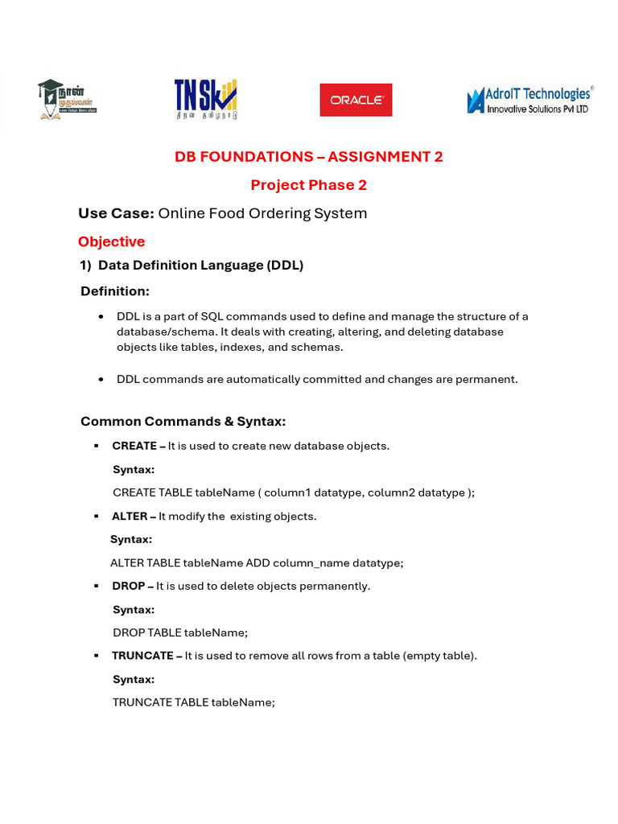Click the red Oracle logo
(x=356, y=100)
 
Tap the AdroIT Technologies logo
(x=529, y=100)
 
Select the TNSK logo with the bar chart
(x=206, y=99)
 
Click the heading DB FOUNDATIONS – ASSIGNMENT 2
(x=309, y=157)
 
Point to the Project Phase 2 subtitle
(x=309, y=185)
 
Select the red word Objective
(x=111, y=241)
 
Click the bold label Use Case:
(x=116, y=213)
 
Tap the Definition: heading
(x=115, y=291)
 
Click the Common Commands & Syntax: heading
(x=183, y=422)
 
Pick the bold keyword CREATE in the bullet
(x=134, y=446)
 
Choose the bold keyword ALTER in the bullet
(x=130, y=517)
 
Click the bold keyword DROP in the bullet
(x=129, y=586)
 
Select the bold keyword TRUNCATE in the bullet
(x=142, y=656)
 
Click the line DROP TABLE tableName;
(x=180, y=632)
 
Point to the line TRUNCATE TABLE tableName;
(x=194, y=702)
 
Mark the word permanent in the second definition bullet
(x=489, y=379)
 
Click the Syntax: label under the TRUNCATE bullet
(x=134, y=679)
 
